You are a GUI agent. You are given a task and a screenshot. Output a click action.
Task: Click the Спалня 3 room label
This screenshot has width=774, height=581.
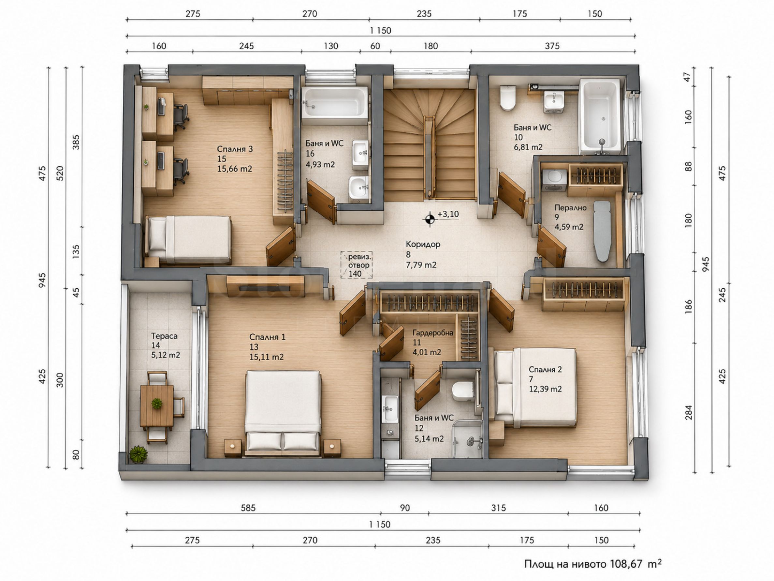pos(234,149)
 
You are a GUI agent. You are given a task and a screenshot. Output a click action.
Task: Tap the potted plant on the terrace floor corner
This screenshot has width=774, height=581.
pos(138,454)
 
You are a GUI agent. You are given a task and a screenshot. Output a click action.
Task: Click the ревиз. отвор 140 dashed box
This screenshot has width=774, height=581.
pos(356,265)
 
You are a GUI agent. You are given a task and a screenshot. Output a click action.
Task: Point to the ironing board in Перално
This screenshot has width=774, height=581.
pos(602,231)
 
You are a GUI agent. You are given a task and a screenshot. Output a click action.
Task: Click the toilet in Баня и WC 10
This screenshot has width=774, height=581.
pos(508,98)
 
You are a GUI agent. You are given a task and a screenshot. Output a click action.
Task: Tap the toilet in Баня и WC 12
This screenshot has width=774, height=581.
pos(462,391)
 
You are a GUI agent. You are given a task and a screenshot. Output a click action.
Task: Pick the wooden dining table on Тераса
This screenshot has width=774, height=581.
pos(157,405)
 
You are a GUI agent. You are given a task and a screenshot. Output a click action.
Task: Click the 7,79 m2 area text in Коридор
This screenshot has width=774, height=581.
pos(421,265)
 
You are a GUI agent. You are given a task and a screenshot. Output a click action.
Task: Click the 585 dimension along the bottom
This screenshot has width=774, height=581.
pos(248,508)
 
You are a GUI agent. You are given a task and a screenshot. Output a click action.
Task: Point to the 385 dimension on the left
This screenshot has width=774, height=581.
pos(76,143)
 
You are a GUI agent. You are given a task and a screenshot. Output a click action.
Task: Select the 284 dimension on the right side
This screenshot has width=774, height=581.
pos(689,413)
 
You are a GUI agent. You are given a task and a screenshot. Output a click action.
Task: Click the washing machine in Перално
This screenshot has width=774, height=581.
pos(554,180)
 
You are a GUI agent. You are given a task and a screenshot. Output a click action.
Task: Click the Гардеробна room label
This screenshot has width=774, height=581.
pos(432,333)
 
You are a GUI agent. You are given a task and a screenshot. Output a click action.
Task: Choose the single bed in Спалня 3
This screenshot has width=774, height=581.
pos(188,239)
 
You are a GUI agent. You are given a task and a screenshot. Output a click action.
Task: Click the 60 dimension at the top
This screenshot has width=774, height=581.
pos(375,46)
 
